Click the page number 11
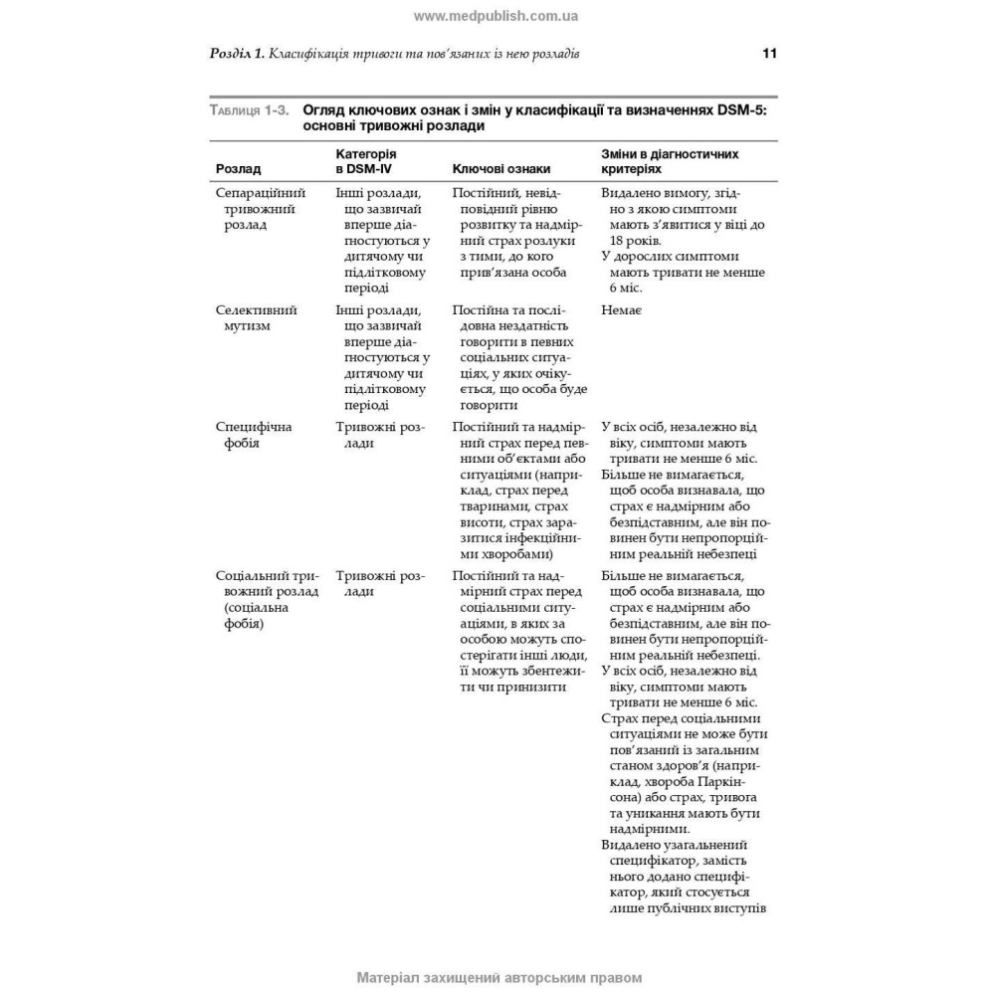click(x=769, y=53)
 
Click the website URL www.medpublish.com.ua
click(x=496, y=16)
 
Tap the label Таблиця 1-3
click(x=250, y=110)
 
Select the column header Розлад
click(x=239, y=170)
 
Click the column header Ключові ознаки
click(x=501, y=170)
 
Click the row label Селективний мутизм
click(x=257, y=318)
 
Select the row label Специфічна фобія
click(x=254, y=435)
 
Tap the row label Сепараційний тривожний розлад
click(x=261, y=209)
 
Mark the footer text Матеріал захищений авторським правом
click(x=497, y=977)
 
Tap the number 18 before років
click(x=612, y=241)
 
